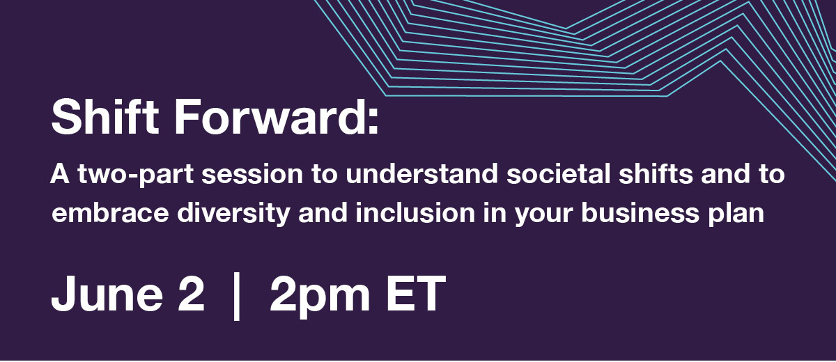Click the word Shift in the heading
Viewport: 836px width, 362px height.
coord(105,116)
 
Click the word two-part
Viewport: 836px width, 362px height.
coord(136,175)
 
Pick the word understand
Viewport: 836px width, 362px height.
coord(421,174)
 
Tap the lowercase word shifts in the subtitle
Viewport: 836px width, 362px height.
coord(656,174)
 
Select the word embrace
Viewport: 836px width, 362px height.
coord(110,213)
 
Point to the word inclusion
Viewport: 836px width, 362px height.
coord(415,213)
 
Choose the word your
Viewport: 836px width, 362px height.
coord(544,216)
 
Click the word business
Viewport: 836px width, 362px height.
coord(640,213)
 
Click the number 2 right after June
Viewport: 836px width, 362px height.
coord(191,293)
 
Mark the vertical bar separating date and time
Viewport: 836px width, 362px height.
coord(236,296)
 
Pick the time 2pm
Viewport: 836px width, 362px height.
coord(320,297)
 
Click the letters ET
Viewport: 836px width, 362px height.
coord(416,293)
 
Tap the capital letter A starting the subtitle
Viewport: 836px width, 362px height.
coord(60,174)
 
